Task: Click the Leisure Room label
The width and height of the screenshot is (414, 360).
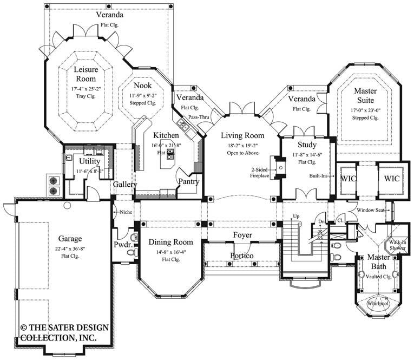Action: (x=85, y=74)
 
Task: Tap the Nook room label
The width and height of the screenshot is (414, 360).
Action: (x=143, y=86)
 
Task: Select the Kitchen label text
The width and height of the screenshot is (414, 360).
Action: (x=162, y=134)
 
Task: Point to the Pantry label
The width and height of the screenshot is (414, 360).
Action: (x=189, y=182)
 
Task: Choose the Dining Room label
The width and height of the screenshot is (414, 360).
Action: (x=170, y=241)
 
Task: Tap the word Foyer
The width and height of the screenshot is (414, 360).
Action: (x=242, y=235)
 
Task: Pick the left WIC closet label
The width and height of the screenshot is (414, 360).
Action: (x=347, y=178)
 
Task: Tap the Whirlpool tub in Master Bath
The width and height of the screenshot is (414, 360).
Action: (x=378, y=303)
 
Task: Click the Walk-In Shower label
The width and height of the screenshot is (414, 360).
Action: (x=399, y=245)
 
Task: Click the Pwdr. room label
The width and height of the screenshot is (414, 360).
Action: (x=122, y=244)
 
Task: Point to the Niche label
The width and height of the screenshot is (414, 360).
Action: (x=127, y=212)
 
